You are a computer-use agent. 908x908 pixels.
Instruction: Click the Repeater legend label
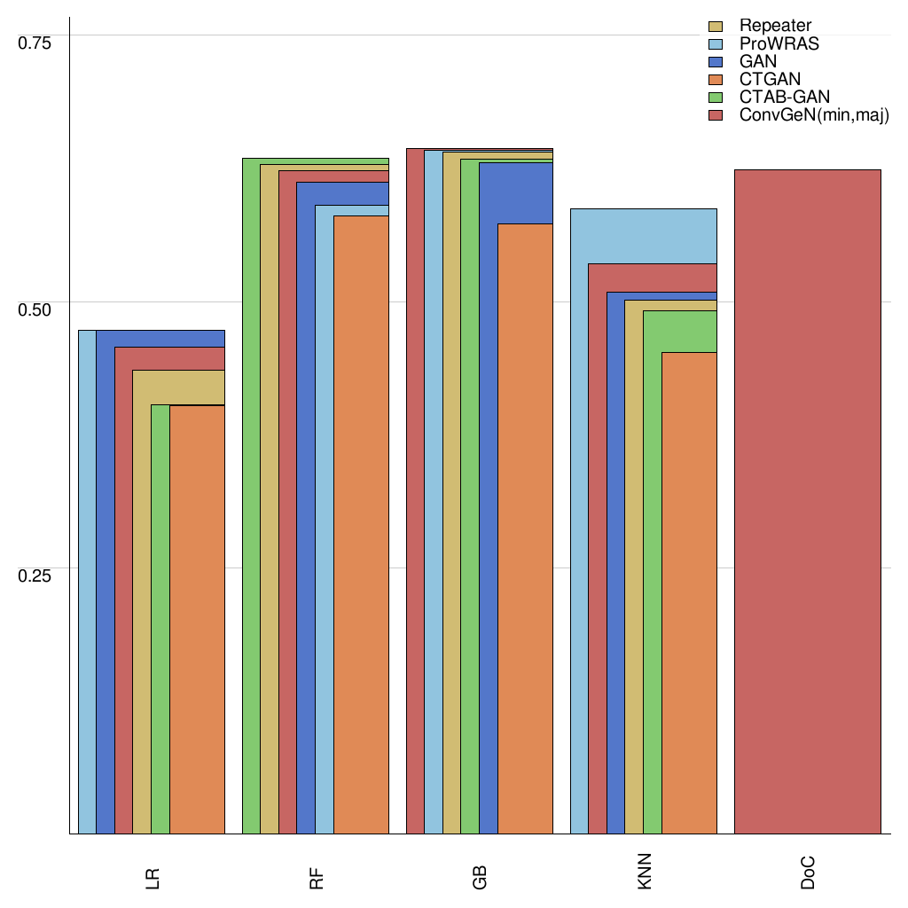coord(775,26)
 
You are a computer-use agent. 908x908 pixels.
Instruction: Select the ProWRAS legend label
coord(779,43)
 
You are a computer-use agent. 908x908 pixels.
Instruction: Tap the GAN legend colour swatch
coord(716,62)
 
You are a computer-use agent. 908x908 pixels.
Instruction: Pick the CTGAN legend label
coord(770,80)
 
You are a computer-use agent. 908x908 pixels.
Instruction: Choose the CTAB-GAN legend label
coord(784,98)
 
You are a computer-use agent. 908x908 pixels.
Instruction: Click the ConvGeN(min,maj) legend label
coord(813,116)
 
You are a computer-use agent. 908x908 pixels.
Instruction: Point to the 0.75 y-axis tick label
coord(36,43)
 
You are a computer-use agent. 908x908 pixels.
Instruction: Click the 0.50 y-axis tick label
coord(36,309)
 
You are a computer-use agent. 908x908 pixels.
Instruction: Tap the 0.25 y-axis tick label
coord(36,575)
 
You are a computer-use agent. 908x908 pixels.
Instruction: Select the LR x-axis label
coord(153,879)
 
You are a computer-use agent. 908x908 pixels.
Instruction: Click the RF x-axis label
coord(317,879)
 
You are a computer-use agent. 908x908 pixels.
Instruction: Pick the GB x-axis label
coord(480,879)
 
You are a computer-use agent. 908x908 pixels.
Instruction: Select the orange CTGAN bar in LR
coord(197,621)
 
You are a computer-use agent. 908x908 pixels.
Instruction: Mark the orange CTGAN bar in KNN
coord(689,594)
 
